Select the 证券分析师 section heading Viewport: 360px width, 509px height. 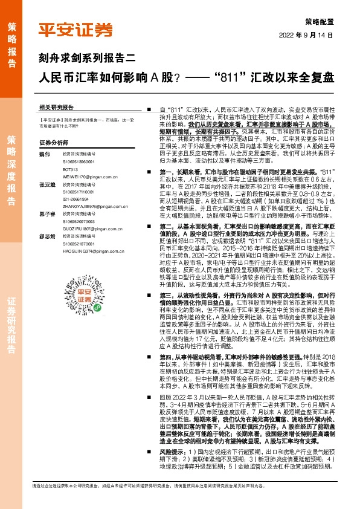[54, 143]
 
